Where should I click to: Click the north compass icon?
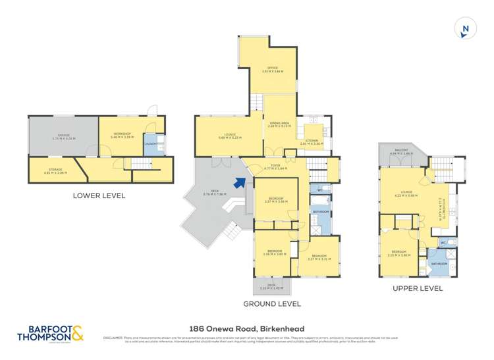point(466,29)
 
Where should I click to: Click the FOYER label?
point(275,166)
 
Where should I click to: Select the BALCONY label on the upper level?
point(401,150)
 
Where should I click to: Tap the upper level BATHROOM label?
point(439,263)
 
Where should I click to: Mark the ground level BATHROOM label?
point(321,211)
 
